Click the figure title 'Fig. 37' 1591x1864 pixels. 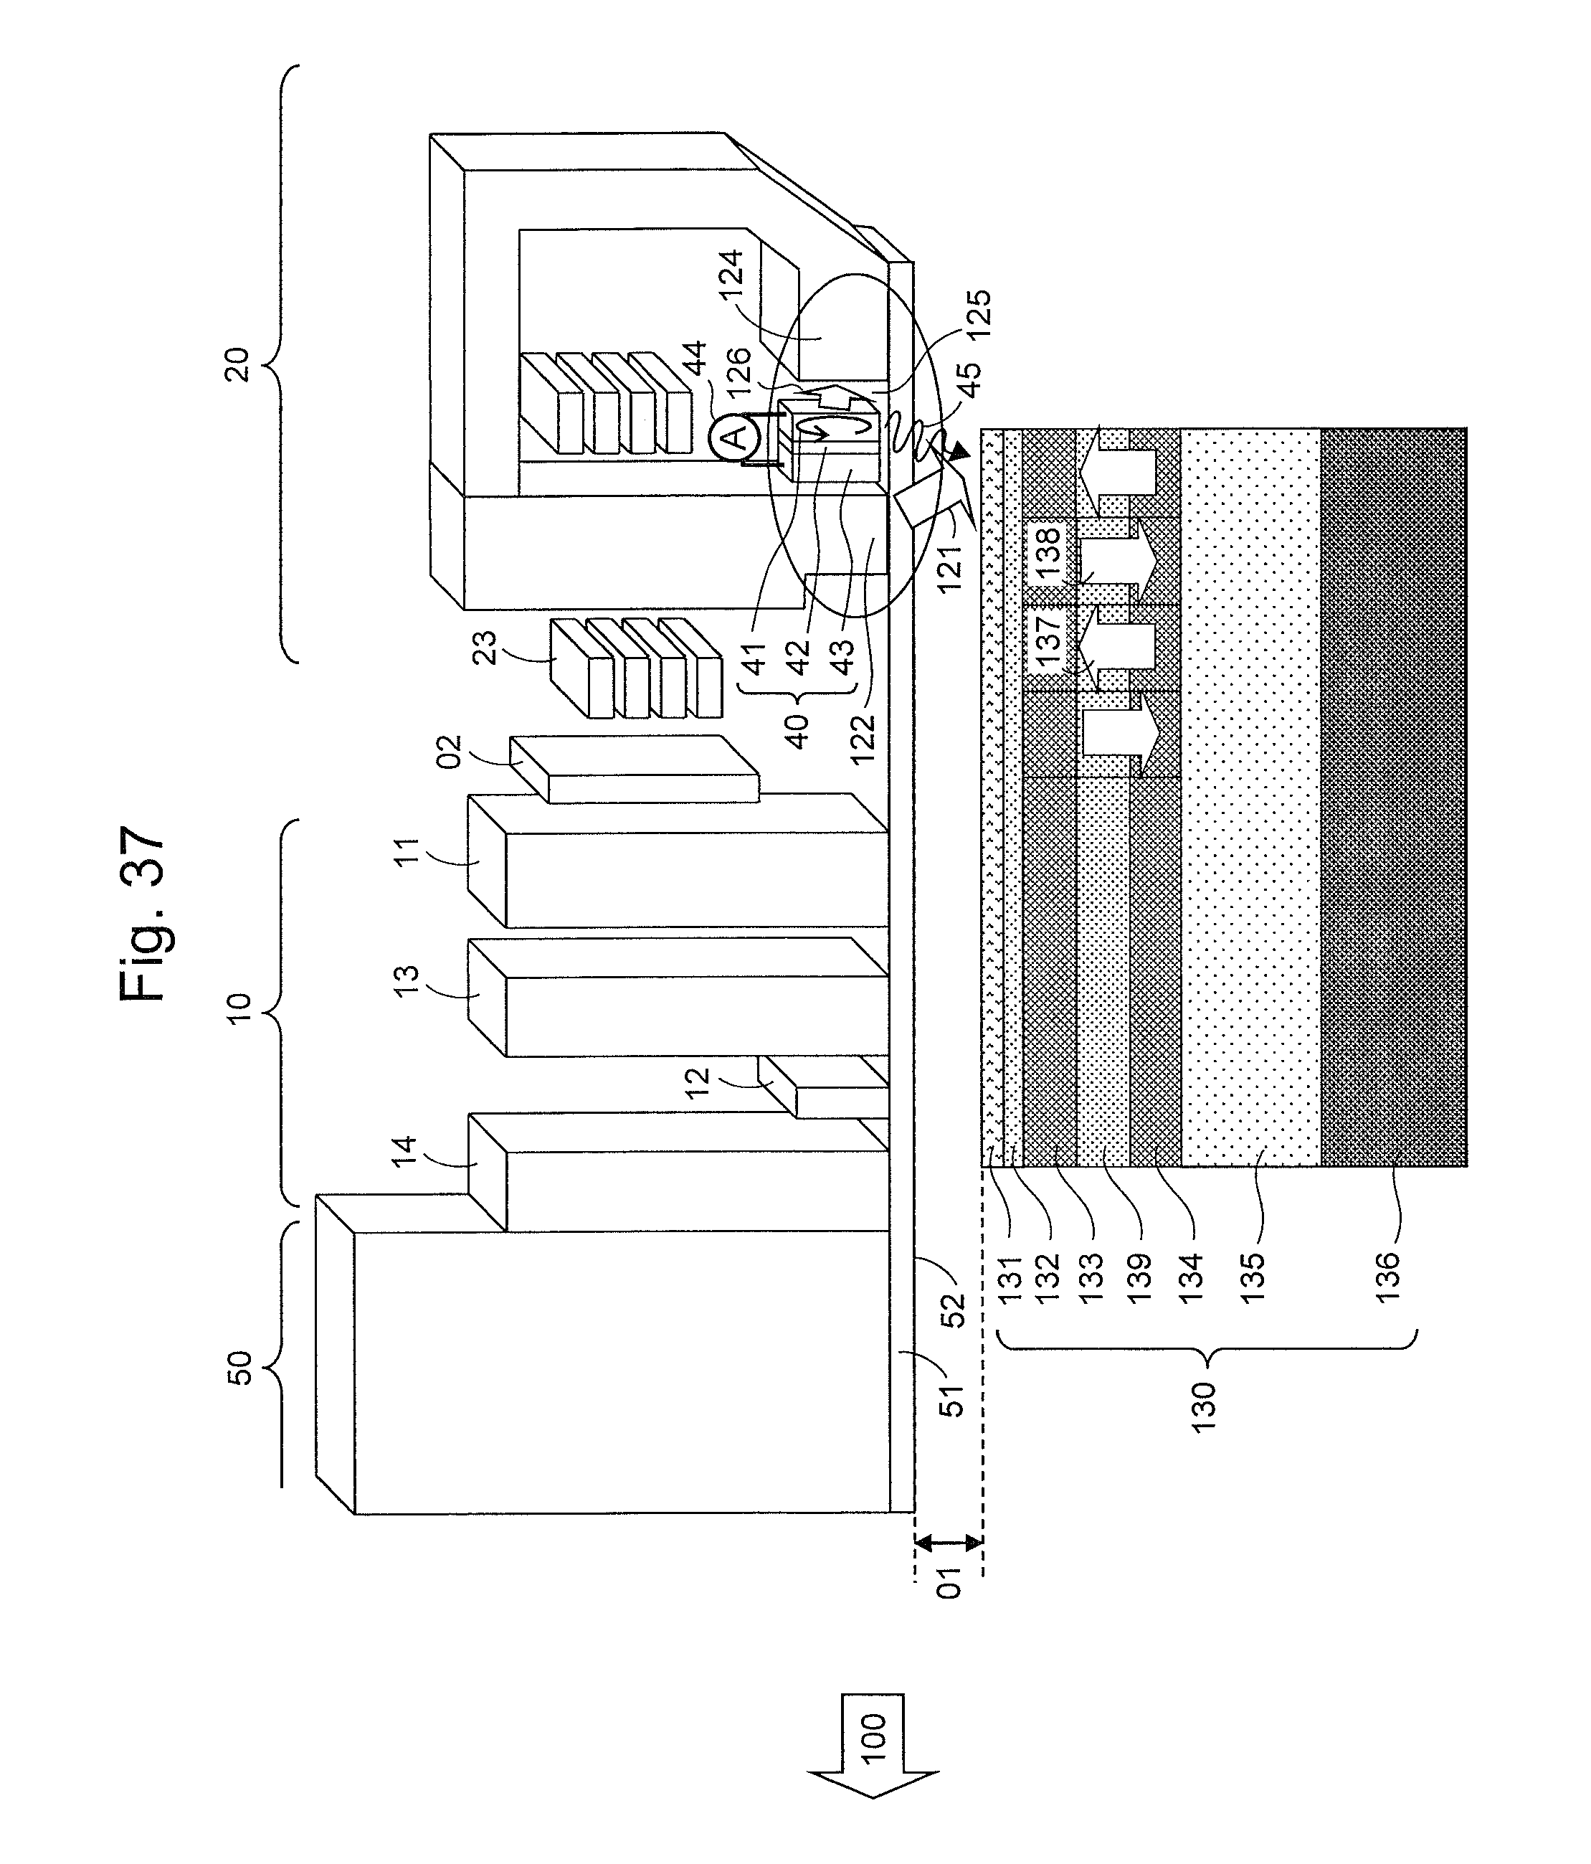[x=141, y=913]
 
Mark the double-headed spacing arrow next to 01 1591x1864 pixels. [x=948, y=1543]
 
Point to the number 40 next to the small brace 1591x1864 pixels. [x=796, y=731]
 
